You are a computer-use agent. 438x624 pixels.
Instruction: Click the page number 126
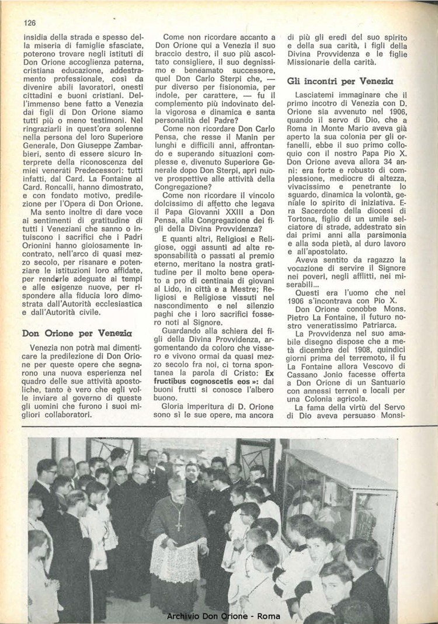pyautogui.click(x=30, y=23)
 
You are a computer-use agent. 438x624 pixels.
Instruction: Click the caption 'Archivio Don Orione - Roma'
pyautogui.click(x=224, y=616)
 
